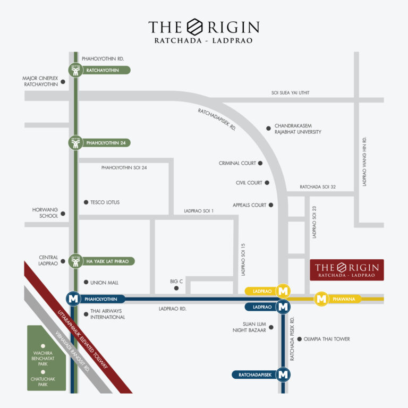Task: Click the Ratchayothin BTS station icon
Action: pos(75,70)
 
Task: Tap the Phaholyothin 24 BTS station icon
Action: pos(75,143)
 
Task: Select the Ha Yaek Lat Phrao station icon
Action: pos(75,261)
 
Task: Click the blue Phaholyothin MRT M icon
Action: pos(73,299)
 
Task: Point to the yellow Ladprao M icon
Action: pos(284,291)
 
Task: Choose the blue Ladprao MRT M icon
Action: pos(284,307)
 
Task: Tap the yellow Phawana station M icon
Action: pos(321,299)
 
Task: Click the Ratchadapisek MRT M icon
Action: pos(284,375)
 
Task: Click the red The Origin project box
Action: pos(347,270)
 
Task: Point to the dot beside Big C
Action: pos(176,288)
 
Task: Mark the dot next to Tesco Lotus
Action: pos(86,202)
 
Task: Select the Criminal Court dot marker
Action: pos(260,163)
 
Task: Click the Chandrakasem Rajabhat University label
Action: pos(297,129)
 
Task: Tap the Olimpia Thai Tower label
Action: pos(327,339)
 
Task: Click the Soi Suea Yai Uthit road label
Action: pos(290,93)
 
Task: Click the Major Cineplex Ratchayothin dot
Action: pos(63,82)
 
